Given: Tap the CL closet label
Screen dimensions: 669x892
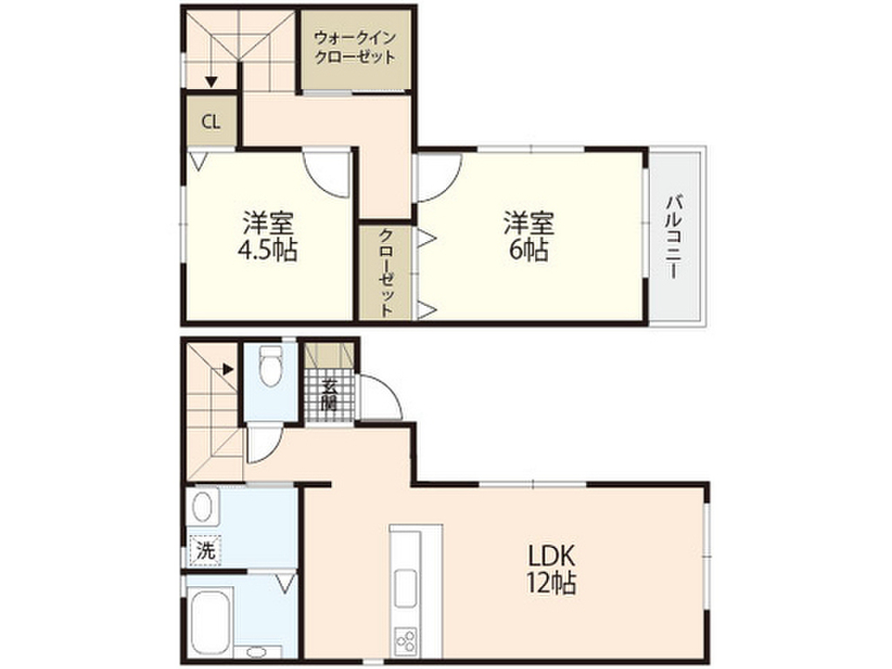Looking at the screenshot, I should click(211, 121).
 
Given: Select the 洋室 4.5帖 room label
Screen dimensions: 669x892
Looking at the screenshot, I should click(268, 237).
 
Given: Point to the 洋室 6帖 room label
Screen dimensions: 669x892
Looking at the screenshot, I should click(529, 237).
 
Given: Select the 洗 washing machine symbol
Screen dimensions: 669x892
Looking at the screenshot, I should click(205, 550).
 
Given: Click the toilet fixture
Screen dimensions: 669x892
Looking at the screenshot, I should click(271, 366).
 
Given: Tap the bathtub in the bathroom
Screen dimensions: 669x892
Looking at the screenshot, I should click(208, 619).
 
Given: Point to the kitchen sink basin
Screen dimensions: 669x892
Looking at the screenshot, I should click(406, 588).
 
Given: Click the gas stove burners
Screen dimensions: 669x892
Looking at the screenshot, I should click(406, 641).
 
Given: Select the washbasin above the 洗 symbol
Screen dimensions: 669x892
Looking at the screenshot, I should click(204, 507).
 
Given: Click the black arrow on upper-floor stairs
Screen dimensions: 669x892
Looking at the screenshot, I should click(211, 82).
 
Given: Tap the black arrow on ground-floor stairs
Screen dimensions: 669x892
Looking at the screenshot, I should click(227, 368).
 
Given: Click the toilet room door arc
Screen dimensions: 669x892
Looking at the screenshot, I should click(264, 444).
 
